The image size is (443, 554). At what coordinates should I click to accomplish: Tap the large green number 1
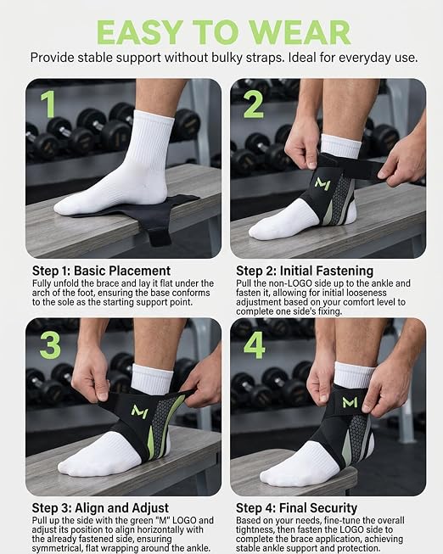[x=48, y=104]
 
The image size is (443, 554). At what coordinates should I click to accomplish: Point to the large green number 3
[x=50, y=345]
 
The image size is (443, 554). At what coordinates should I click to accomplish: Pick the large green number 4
[x=255, y=345]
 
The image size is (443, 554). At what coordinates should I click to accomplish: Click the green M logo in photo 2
[x=322, y=184]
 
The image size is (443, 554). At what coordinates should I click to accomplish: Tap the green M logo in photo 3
[x=139, y=412]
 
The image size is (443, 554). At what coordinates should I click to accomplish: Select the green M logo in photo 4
[x=350, y=402]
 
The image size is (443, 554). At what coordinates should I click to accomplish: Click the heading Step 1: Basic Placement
[x=102, y=271]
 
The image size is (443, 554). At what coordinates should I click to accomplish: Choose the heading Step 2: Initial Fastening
[x=305, y=271]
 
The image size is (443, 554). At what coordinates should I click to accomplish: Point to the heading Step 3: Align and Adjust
[x=100, y=508]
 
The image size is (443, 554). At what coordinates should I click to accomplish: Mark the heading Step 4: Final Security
[x=297, y=508]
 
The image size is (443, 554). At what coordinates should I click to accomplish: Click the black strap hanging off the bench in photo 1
[x=159, y=237]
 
